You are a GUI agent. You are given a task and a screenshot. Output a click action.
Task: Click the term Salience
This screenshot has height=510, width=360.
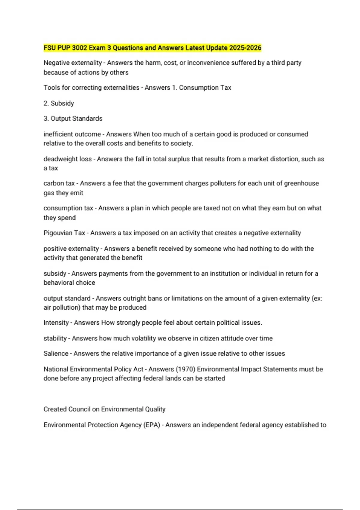pyautogui.click(x=56, y=353)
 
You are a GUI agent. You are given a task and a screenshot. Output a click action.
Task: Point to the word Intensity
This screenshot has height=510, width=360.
pyautogui.click(x=56, y=322)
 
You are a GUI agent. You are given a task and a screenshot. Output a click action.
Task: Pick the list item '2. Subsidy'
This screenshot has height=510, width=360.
pyautogui.click(x=59, y=103)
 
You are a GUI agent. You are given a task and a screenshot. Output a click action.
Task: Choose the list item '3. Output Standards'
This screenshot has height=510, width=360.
pyautogui.click(x=73, y=118)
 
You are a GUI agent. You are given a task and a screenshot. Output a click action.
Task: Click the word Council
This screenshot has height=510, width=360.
pyautogui.click(x=79, y=409)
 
